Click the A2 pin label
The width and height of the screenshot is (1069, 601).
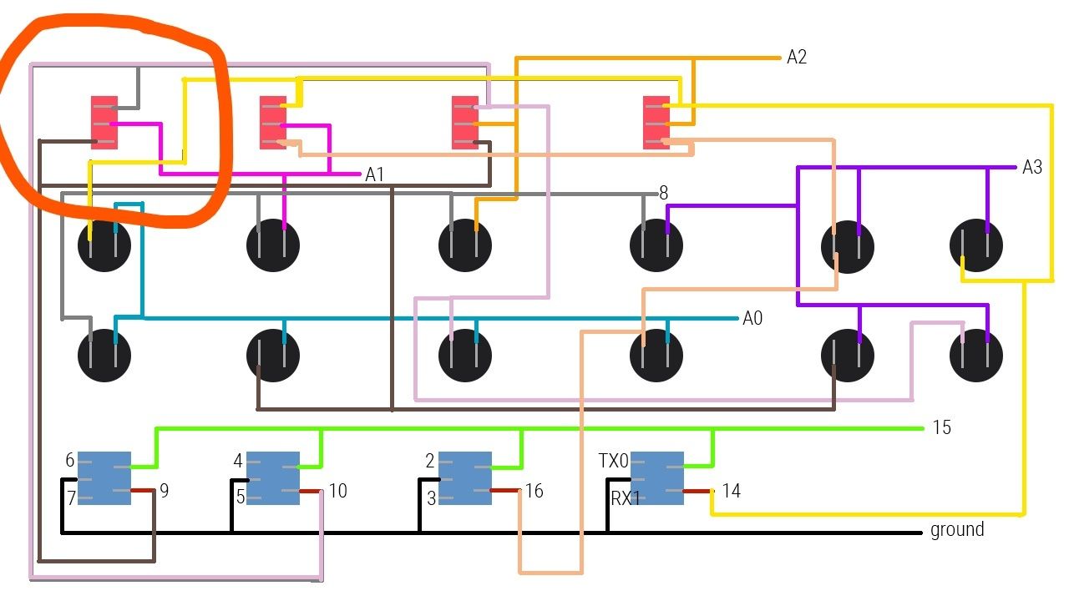[x=797, y=57]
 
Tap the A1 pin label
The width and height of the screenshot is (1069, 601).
[x=375, y=174]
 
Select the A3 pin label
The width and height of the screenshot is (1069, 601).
[x=1032, y=167]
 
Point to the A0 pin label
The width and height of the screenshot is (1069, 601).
[x=752, y=318]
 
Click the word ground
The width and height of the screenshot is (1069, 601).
[x=957, y=529]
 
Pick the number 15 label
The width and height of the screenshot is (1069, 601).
[x=941, y=427]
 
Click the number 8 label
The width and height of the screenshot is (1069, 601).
[x=664, y=194]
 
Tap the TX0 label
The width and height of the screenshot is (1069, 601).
[x=614, y=461]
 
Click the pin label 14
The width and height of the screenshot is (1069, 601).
[x=731, y=491]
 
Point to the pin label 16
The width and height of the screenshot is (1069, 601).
[x=534, y=491]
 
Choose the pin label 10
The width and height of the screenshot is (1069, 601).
[x=337, y=491]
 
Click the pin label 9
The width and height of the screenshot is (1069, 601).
[x=165, y=491]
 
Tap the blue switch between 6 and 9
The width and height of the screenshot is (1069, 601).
[x=104, y=477]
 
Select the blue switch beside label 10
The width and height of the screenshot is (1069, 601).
[x=273, y=477]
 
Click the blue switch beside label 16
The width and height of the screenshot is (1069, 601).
[x=465, y=477]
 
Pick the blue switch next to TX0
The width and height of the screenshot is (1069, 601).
[x=657, y=477]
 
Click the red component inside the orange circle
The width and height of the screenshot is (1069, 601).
[x=104, y=122]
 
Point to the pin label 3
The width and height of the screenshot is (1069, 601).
[x=430, y=498]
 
